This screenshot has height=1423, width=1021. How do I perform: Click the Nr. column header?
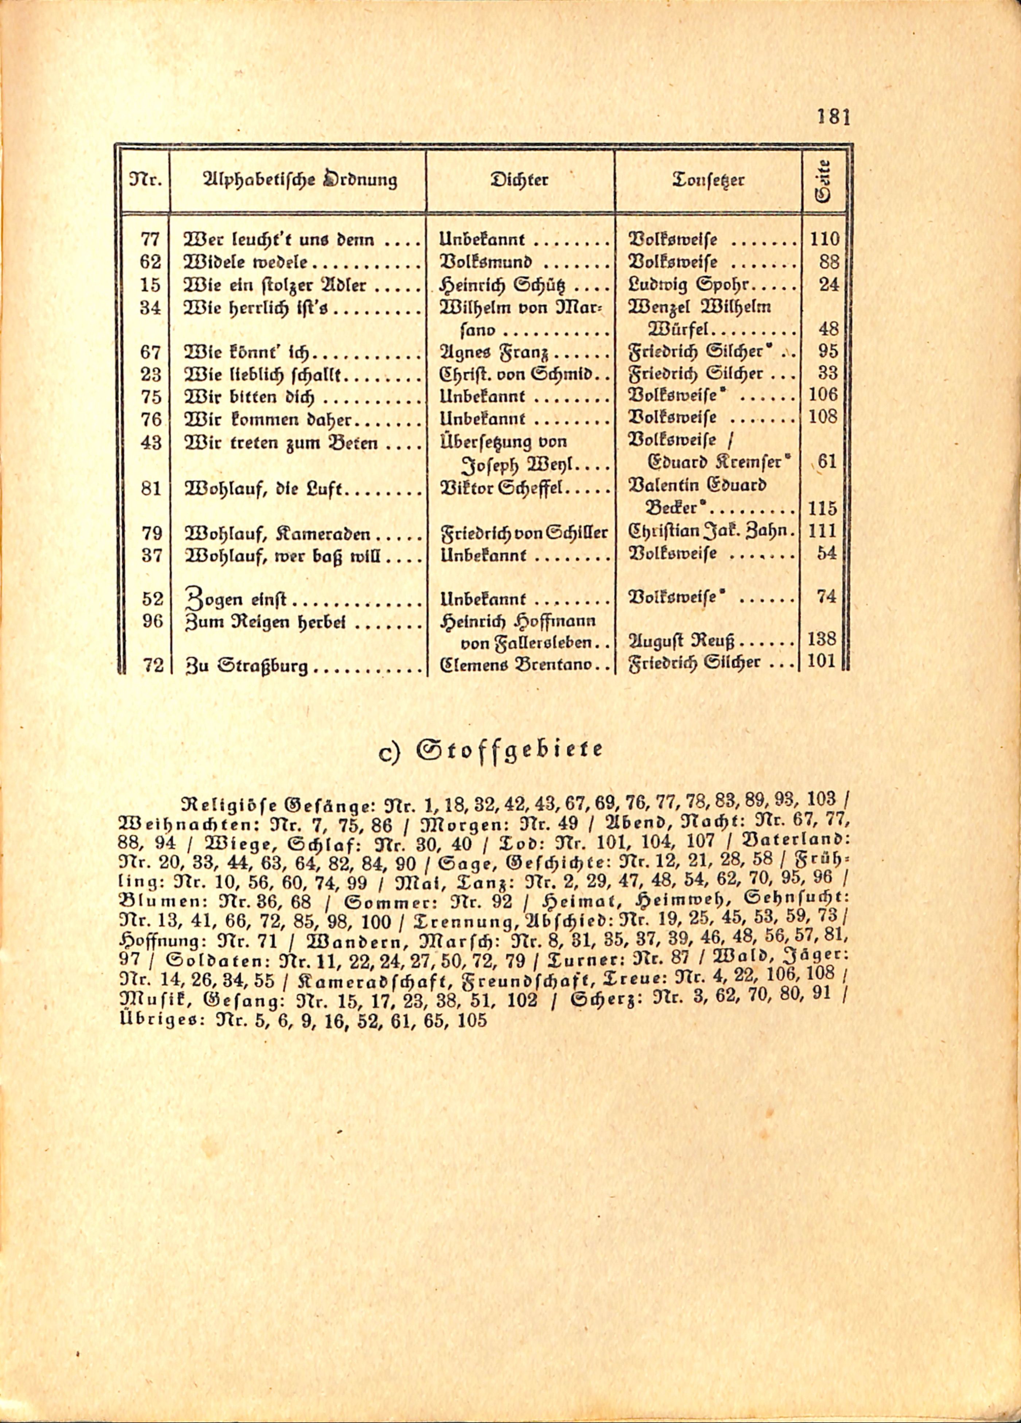click(145, 181)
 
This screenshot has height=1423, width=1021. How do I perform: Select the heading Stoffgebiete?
click(490, 750)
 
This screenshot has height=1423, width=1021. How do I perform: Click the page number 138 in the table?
click(823, 640)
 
